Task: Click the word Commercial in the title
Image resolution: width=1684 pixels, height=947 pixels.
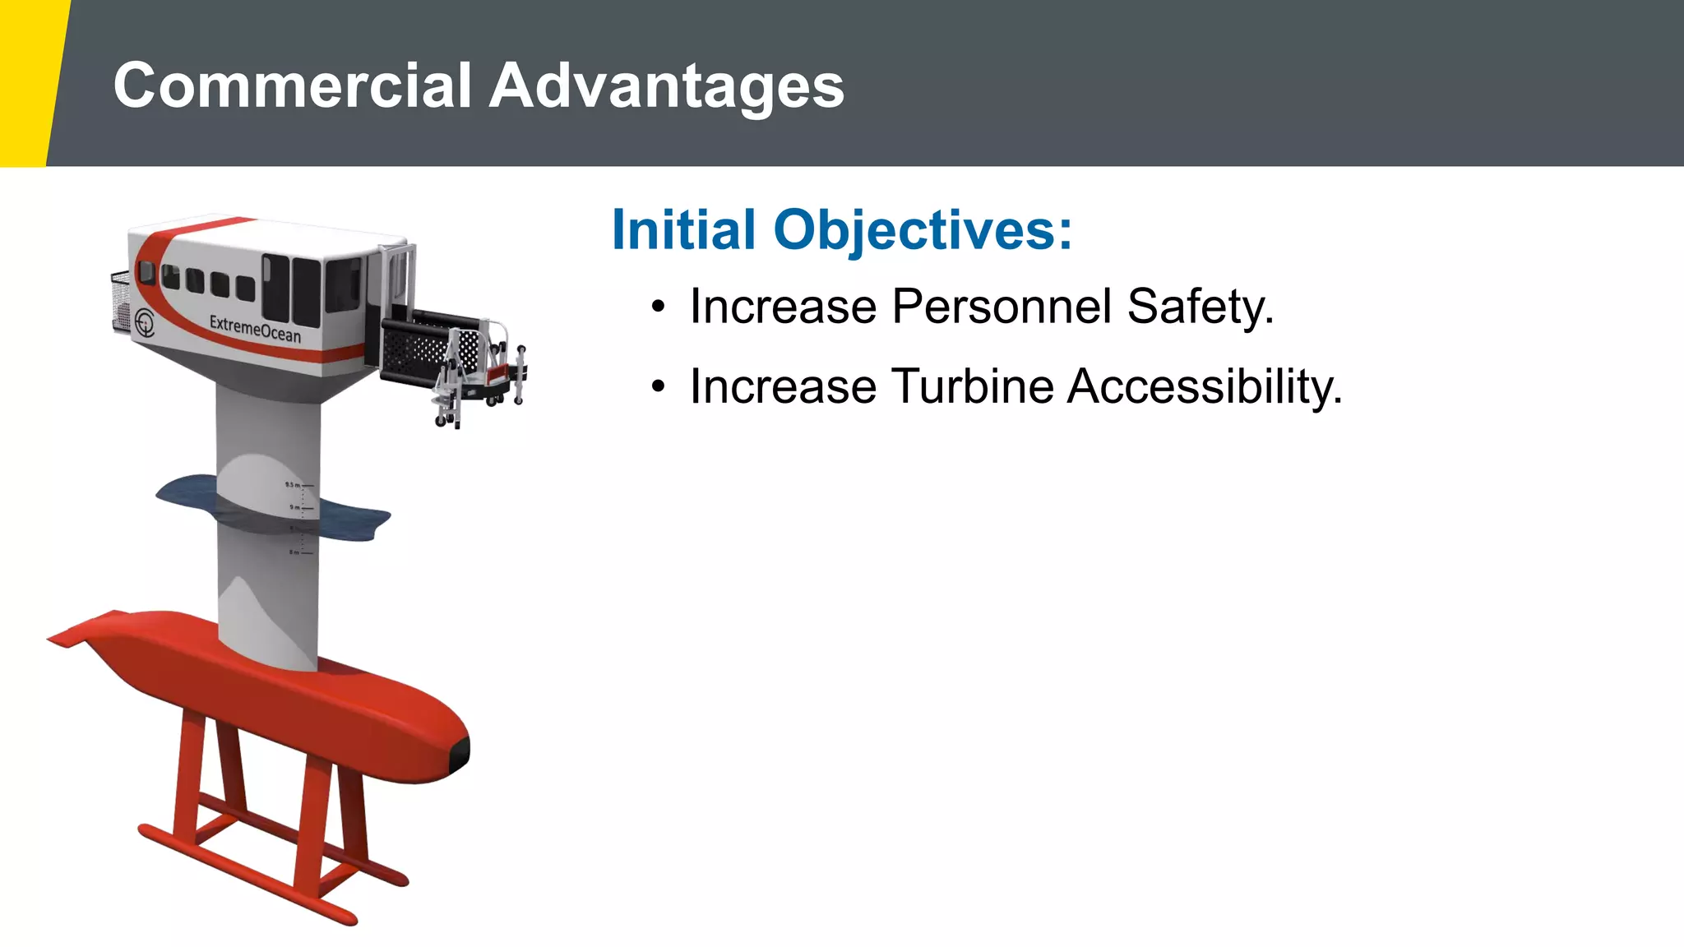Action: tap(292, 85)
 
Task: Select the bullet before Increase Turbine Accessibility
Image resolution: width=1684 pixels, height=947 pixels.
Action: tap(657, 387)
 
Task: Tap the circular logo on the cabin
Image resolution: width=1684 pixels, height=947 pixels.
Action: tap(145, 322)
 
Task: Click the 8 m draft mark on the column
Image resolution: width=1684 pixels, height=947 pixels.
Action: tap(294, 552)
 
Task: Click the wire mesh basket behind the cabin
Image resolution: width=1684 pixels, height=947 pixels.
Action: tap(121, 301)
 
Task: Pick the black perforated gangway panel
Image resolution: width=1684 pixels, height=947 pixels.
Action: tap(415, 345)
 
